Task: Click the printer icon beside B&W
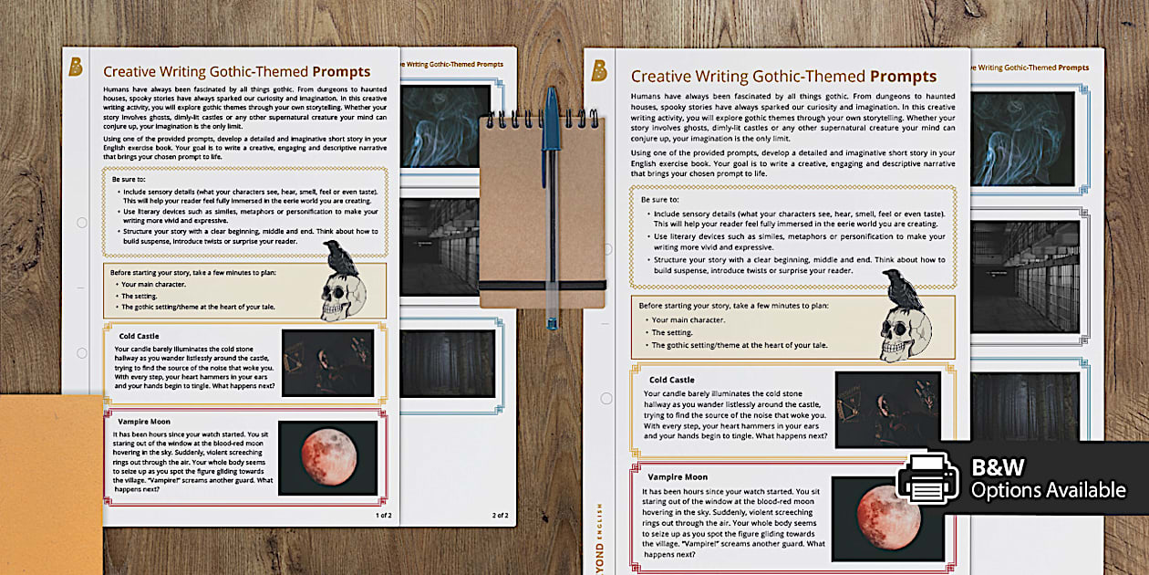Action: (927, 478)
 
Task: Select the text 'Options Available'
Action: (1048, 490)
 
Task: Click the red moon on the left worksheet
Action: (326, 456)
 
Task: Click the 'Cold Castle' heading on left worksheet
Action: (139, 336)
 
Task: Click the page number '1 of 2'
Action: (383, 515)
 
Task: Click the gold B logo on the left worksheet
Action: (76, 67)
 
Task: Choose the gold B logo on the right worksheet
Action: (599, 70)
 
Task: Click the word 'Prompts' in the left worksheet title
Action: (341, 72)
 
